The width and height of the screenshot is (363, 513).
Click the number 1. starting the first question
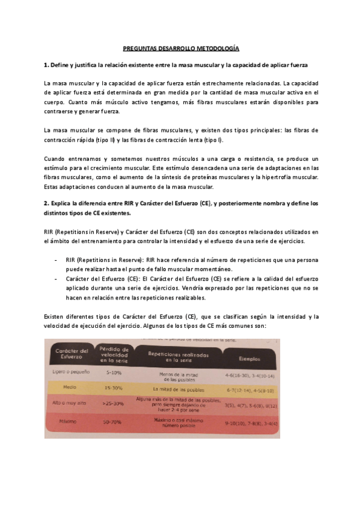point(48,64)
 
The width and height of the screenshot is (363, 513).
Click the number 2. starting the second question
point(48,203)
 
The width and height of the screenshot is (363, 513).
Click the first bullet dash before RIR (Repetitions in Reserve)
point(56,260)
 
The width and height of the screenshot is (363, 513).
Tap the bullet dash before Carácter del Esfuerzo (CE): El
point(56,279)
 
